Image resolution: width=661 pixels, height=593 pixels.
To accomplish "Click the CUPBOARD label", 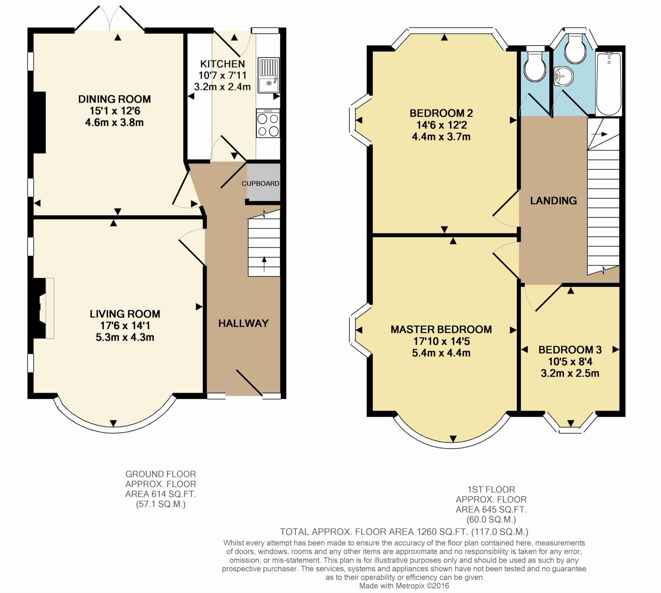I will tap(260, 184).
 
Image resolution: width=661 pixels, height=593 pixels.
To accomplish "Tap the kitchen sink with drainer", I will tap(269, 75).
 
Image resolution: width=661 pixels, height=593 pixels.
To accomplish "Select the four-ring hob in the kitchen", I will tap(268, 123).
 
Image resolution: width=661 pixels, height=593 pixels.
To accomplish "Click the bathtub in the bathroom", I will tap(608, 84).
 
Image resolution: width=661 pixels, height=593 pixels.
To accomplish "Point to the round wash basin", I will tap(563, 77).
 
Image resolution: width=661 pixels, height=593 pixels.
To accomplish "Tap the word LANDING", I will tap(553, 201).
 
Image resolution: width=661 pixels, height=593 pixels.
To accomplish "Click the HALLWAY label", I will tap(243, 323).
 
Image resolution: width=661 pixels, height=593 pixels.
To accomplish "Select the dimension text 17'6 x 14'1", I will tap(125, 325).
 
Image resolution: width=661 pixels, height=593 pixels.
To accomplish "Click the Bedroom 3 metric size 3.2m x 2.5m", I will tap(570, 373).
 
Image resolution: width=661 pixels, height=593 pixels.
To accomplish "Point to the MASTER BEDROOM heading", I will tap(441, 329).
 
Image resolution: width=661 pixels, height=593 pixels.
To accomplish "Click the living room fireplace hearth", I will tap(49, 308).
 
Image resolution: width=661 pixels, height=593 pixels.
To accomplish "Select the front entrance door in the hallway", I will tap(249, 383).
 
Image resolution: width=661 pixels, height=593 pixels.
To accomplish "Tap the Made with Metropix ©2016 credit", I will tap(404, 586).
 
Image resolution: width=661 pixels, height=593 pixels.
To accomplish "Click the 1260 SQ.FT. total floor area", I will tap(441, 532).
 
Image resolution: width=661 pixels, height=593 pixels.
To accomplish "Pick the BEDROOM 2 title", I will tap(441, 113).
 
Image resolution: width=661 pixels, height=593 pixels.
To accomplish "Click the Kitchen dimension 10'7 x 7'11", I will tap(222, 76).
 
